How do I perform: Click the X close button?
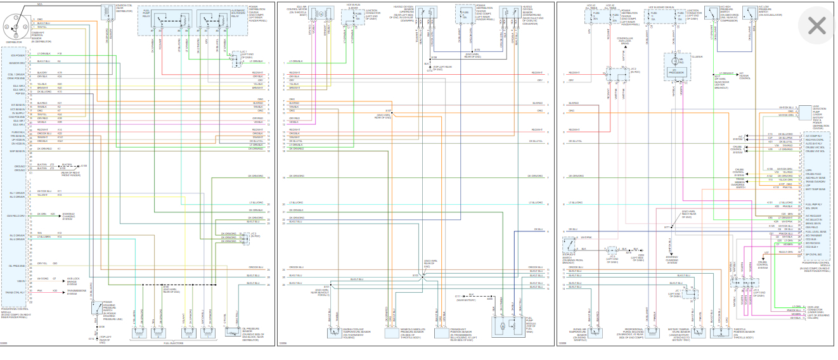pyautogui.click(x=816, y=25)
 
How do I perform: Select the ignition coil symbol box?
pyautogui.click(x=105, y=13)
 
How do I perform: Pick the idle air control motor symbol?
pyautogui.click(x=321, y=13)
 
